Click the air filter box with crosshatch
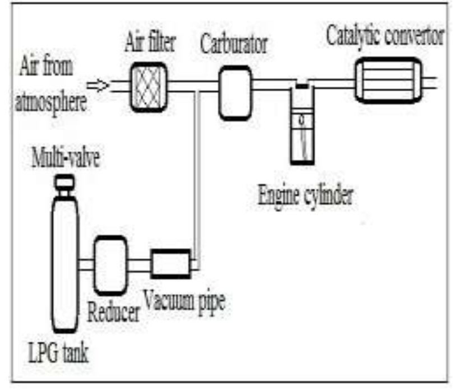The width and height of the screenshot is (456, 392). [x=148, y=86]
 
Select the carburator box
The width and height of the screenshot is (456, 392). [x=234, y=92]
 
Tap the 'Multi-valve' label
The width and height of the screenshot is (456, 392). [x=66, y=159]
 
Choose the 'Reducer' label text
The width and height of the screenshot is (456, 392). [x=113, y=313]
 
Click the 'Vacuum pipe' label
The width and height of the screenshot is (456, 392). [x=183, y=302]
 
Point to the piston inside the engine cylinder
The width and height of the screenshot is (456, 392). [x=302, y=119]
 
